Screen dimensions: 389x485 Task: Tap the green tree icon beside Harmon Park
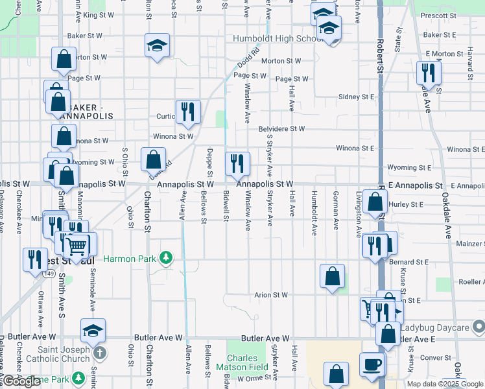click(167, 259)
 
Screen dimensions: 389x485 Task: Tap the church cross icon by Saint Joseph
click(99, 353)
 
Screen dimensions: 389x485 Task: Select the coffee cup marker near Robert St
click(372, 364)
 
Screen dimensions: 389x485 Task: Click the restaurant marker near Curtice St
click(187, 112)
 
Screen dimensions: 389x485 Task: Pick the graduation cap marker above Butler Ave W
click(93, 331)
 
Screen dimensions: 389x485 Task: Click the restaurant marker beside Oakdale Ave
click(429, 73)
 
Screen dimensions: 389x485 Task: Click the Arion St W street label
click(271, 295)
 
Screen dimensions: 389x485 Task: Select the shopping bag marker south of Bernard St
click(332, 277)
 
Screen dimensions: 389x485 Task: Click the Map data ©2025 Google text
click(445, 384)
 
